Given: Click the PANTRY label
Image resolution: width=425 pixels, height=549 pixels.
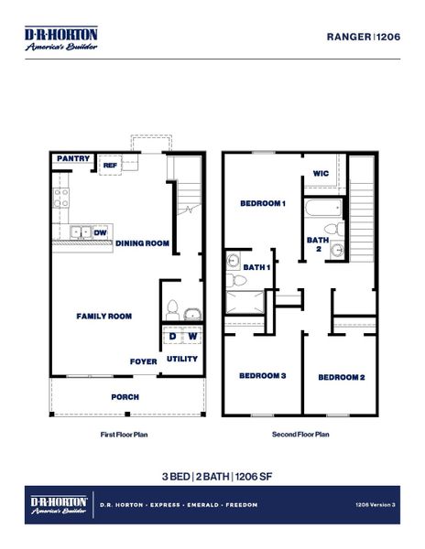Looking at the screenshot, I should (73, 159).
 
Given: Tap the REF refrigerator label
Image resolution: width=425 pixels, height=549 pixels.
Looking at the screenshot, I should (109, 166).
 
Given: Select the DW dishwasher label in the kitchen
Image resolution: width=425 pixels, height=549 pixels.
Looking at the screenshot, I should (99, 232).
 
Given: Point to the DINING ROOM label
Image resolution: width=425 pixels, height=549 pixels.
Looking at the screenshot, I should (142, 243).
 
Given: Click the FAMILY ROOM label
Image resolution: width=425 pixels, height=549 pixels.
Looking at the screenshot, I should (104, 317).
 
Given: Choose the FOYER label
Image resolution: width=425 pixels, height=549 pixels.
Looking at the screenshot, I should (142, 361).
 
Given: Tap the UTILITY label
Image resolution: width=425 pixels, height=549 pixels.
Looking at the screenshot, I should (182, 359).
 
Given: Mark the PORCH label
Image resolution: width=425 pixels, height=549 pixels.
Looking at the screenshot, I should (125, 397).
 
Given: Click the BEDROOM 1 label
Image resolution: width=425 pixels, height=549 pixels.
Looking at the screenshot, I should (263, 203).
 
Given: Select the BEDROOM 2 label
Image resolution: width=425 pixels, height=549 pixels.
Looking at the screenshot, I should (342, 377).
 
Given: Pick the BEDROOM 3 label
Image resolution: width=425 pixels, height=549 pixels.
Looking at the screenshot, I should (263, 376).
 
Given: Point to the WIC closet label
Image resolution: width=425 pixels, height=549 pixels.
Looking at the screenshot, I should (321, 173).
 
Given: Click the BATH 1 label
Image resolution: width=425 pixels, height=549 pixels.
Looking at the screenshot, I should (256, 267).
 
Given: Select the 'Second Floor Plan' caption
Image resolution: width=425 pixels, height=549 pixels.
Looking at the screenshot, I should (300, 436).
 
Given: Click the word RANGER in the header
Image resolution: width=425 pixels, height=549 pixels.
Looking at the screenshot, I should (348, 38).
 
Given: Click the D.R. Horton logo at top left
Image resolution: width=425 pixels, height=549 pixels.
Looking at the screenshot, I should (60, 38).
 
